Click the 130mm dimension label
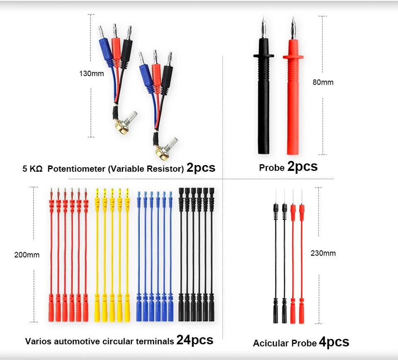point(91,74)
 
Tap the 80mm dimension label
point(323,83)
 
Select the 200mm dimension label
point(27,255)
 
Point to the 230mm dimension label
point(323,253)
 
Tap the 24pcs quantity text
point(194,341)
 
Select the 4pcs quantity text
point(334,343)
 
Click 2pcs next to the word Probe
point(302,167)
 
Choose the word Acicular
point(269,344)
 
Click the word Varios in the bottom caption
point(38,342)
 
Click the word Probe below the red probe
point(272,168)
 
